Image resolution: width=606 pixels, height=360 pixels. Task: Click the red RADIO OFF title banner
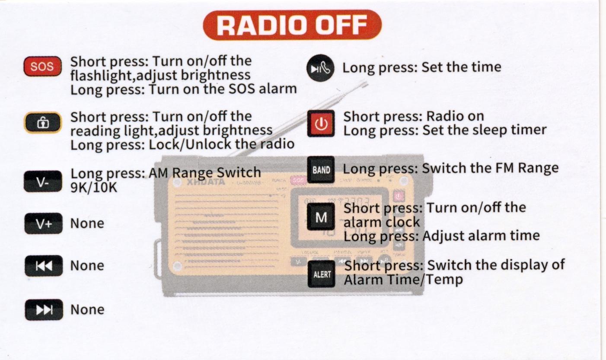coord(292,25)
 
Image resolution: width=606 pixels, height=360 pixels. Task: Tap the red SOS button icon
coord(42,66)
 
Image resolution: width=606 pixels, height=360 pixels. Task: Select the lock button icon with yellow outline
coord(43,123)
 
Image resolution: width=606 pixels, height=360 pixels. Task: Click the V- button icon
coord(43,181)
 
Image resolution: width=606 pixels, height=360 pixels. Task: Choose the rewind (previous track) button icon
coord(44,266)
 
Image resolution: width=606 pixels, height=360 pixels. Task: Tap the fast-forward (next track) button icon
coord(44,310)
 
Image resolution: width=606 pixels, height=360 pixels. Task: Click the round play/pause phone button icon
coord(320,68)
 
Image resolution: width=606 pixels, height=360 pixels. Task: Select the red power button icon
coord(321,124)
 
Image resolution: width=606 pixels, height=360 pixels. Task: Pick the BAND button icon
coord(321,169)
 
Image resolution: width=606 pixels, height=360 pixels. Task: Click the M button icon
coord(321,217)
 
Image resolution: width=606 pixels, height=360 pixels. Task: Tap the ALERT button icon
coord(322,274)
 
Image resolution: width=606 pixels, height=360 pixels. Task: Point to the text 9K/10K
coord(94,187)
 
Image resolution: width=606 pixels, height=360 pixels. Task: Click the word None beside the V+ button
coord(87,223)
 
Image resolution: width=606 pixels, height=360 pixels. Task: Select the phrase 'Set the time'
coord(461,67)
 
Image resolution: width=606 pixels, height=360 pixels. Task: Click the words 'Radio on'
coord(455,116)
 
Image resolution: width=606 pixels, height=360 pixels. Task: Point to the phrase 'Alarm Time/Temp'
coord(403,280)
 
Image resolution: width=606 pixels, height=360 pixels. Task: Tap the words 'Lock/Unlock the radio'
coord(222,144)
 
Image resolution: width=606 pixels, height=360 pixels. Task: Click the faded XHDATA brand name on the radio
coord(206,182)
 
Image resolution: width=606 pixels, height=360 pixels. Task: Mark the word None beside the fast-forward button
coord(87,310)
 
